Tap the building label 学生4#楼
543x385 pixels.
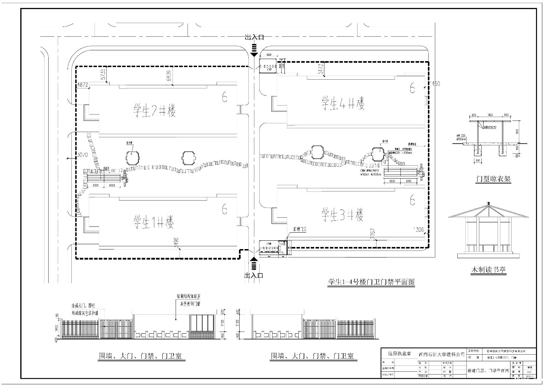pos(343,103)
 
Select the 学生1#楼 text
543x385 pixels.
pos(154,221)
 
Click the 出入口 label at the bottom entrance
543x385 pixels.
pos(254,275)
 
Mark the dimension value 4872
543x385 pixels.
pos(83,85)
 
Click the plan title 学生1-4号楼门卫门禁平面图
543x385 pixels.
pos(371,282)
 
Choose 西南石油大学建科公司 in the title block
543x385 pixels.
pos(442,354)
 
